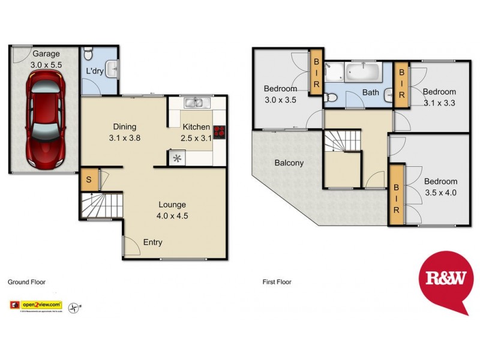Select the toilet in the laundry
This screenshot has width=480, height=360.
tap(88, 55)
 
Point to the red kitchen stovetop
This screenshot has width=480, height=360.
tap(219, 131)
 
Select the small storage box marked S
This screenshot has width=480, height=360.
tap(88, 180)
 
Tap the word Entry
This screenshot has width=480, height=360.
tap(152, 242)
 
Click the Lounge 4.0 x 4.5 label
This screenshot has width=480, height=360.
tap(172, 210)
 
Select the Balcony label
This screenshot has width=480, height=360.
tap(289, 163)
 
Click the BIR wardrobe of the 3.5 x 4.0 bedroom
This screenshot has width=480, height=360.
tap(396, 196)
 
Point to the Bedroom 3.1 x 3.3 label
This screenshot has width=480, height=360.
tap(439, 97)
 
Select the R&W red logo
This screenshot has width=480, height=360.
tap(443, 280)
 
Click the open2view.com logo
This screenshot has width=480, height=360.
tap(36, 306)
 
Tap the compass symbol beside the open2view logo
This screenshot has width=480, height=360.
tap(74, 307)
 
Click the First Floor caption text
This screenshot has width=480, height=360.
tap(277, 281)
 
